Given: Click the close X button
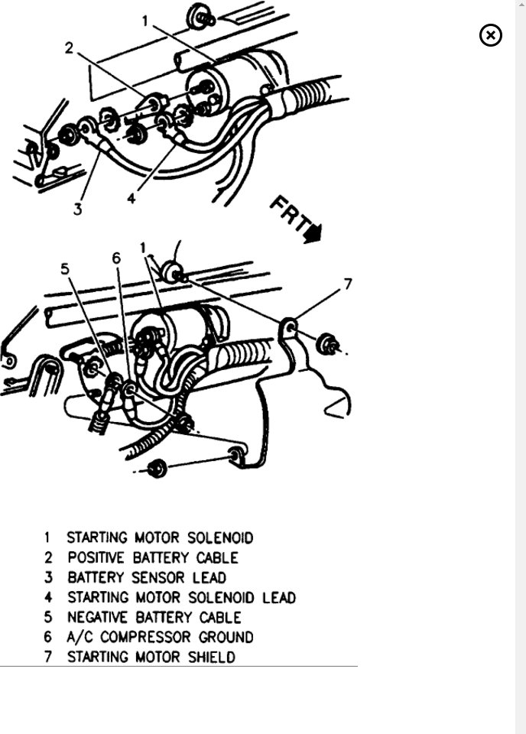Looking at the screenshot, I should [x=491, y=35].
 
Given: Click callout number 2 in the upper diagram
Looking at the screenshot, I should [x=69, y=48].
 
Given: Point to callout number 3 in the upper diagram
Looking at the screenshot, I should [x=77, y=209].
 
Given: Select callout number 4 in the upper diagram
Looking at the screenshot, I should [x=131, y=198].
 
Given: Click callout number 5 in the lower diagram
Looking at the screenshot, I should [x=65, y=268].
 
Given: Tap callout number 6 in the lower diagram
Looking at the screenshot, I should [x=116, y=258].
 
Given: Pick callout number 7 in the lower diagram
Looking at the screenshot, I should [x=348, y=284].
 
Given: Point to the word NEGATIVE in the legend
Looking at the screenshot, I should [x=102, y=617].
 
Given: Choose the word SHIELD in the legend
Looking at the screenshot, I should [x=210, y=657].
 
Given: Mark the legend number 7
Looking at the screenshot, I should [x=47, y=657].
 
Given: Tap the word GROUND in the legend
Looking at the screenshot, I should [x=225, y=637].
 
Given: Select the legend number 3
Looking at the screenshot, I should [x=47, y=578].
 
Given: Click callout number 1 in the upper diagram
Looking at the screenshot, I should [x=144, y=21].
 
